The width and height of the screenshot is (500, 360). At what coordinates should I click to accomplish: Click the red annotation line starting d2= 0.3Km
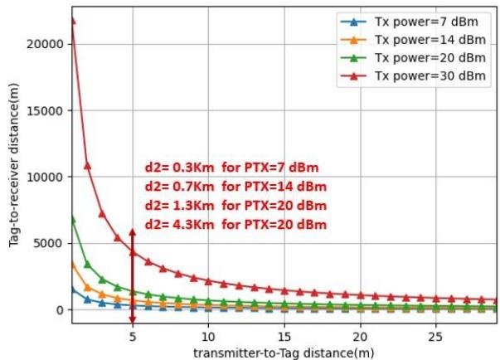pyautogui.click(x=231, y=167)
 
